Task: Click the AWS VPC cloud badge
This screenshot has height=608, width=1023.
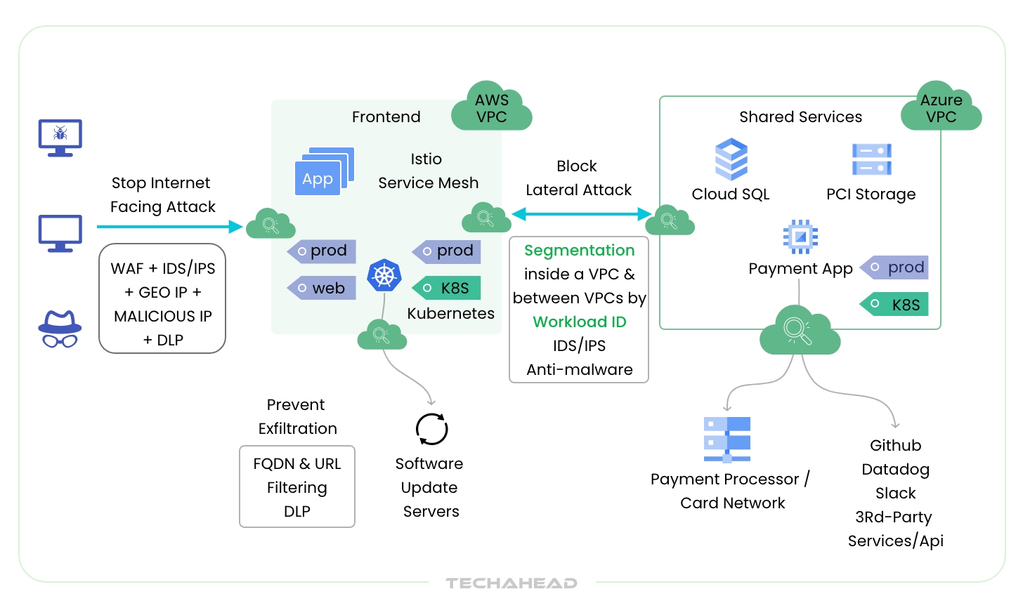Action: click(492, 109)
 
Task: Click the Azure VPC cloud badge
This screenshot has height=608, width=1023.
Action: click(941, 109)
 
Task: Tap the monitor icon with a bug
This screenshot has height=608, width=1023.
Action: click(60, 137)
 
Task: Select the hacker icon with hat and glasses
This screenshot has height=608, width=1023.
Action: click(60, 329)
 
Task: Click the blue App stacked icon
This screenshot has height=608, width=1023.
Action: click(323, 172)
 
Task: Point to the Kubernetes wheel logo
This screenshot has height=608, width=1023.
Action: click(384, 275)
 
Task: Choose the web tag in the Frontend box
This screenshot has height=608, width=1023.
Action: click(322, 288)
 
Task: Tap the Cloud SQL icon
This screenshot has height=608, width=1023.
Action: click(731, 159)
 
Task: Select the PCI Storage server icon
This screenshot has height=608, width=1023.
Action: click(871, 159)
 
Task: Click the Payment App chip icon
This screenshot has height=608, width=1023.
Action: click(800, 237)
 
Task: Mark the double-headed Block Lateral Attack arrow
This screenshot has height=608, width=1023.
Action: click(581, 214)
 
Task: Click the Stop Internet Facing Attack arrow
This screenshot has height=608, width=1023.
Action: click(169, 227)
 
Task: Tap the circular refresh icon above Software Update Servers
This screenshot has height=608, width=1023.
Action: click(431, 429)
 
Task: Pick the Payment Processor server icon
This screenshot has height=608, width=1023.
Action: click(727, 440)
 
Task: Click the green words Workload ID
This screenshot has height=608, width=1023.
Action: click(580, 322)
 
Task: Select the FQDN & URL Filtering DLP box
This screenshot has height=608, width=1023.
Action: click(297, 487)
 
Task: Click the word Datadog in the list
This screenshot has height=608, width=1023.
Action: click(895, 469)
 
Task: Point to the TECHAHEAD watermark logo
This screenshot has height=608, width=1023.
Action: click(511, 583)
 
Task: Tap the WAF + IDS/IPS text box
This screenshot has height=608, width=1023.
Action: click(162, 298)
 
